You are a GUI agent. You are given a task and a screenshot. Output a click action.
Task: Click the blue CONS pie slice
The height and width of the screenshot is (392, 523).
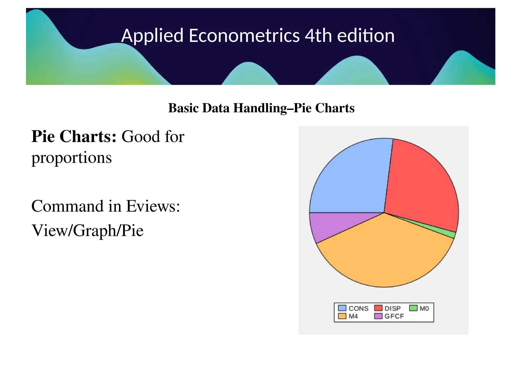point(352,179)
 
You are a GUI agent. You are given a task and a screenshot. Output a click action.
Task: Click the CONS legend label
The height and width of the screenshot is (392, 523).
point(359,308)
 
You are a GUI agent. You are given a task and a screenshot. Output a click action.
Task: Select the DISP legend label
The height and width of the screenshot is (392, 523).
point(393,308)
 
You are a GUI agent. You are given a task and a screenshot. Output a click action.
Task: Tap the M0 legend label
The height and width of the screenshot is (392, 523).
point(424,308)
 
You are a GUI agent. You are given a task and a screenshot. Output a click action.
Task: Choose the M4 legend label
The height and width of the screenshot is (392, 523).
point(353,316)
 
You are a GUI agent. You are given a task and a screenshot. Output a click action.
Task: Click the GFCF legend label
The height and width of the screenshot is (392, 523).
point(394,316)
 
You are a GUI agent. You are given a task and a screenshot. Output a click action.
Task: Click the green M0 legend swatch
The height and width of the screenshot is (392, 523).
point(413,308)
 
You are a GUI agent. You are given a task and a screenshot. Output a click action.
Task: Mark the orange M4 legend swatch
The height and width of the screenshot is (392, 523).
point(342,316)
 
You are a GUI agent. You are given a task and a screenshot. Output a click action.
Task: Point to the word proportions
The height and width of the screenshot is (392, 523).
point(72,158)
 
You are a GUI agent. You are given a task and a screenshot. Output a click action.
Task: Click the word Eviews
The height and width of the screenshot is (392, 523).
point(153,206)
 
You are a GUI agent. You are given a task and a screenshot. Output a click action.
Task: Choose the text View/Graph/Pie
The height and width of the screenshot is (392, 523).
point(87,230)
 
